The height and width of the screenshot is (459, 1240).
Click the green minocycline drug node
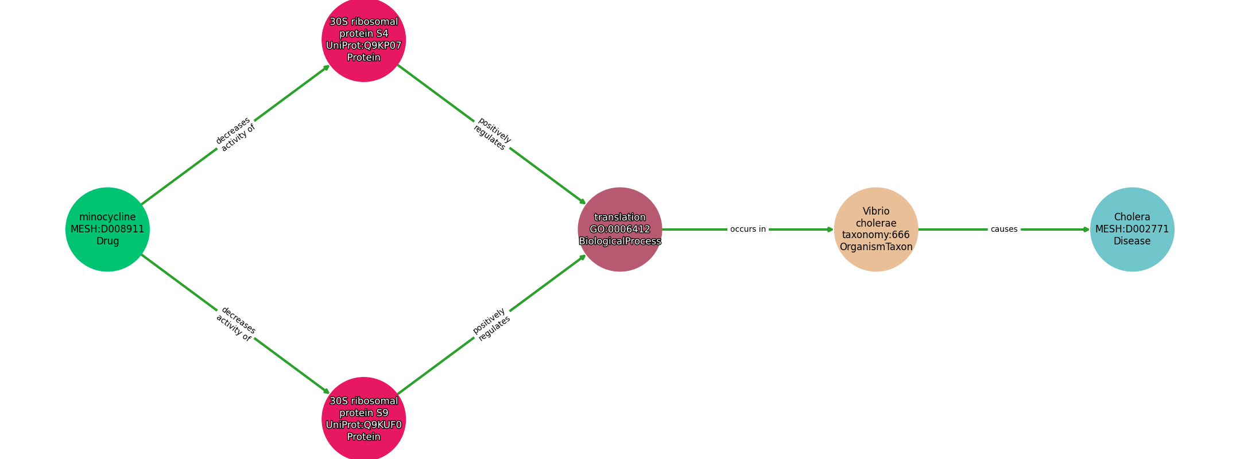[107, 229]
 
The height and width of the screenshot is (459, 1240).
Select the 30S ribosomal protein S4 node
[364, 40]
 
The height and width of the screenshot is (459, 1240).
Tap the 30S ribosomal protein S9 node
[364, 419]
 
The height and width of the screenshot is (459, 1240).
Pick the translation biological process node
[620, 229]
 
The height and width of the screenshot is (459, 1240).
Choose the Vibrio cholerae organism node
[876, 229]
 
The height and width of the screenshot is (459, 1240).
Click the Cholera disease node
[1132, 229]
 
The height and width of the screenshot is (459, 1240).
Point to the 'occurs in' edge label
[748, 229]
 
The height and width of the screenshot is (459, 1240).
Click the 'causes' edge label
[1004, 229]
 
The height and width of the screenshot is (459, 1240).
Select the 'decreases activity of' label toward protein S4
[235, 134]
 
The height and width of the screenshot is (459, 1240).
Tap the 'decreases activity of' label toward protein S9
[235, 324]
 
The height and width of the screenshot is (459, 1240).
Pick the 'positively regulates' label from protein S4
[492, 134]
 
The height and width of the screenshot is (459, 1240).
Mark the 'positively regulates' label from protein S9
[491, 324]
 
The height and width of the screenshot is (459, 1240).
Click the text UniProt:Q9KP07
[364, 46]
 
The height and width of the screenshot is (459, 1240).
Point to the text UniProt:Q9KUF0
[364, 425]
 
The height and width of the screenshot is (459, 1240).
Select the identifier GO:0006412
[620, 229]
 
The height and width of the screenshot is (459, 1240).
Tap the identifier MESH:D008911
[107, 229]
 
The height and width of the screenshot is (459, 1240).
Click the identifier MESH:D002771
[1132, 229]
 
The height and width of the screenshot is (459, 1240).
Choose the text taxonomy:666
[876, 235]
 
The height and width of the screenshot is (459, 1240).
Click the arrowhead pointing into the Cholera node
[1086, 229]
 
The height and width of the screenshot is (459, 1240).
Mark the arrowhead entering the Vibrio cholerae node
[830, 229]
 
